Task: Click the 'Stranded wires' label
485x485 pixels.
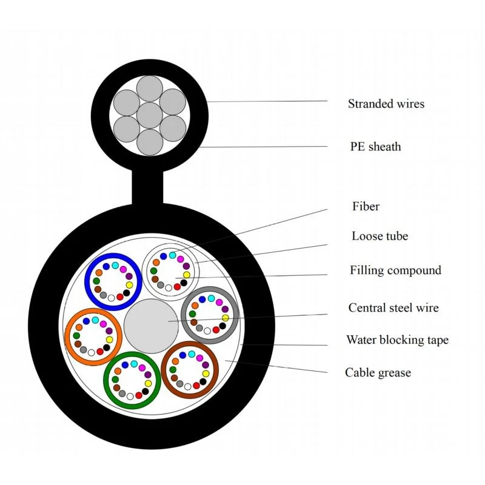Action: pyautogui.click(x=386, y=104)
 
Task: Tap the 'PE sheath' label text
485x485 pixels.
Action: pyautogui.click(x=375, y=146)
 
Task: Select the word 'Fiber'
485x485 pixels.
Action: pyautogui.click(x=366, y=206)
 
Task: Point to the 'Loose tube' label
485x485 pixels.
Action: pyautogui.click(x=380, y=236)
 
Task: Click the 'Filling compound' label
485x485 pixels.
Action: pyautogui.click(x=396, y=270)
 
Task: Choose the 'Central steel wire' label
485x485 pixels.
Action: pyautogui.click(x=393, y=308)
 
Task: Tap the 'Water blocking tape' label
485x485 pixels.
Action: pyautogui.click(x=398, y=340)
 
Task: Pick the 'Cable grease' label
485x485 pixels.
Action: pyautogui.click(x=378, y=372)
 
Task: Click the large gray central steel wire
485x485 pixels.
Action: pyautogui.click(x=151, y=326)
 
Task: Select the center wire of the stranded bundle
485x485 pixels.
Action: pyautogui.click(x=150, y=115)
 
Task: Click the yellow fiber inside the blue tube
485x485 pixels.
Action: pyautogui.click(x=129, y=285)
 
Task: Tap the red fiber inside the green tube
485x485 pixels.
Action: pyautogui.click(x=139, y=395)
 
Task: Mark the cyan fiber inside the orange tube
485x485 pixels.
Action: pyautogui.click(x=95, y=320)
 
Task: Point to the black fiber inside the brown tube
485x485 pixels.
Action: pyautogui.click(x=203, y=381)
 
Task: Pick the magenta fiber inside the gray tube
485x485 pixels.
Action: pyautogui.click(x=219, y=302)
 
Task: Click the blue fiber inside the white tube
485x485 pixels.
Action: pyautogui.click(x=163, y=256)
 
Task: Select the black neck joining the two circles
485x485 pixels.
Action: pyautogui.click(x=147, y=187)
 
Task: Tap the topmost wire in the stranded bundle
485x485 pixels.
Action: pyautogui.click(x=150, y=89)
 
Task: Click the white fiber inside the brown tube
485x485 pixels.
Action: pyautogui.click(x=188, y=387)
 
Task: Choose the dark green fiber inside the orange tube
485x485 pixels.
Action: pyautogui.click(x=76, y=336)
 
